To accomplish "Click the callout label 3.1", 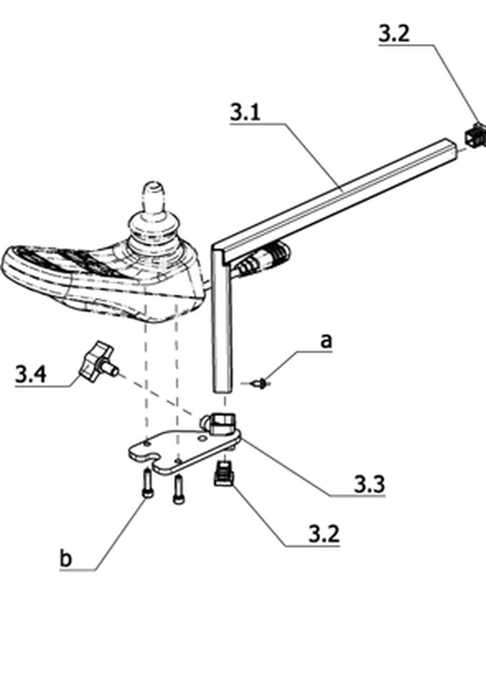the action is coord(245,112).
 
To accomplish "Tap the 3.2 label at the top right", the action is coord(395,34).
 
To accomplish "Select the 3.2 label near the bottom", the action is coord(325,534).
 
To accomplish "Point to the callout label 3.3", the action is coord(370,484).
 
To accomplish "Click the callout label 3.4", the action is coord(30,374).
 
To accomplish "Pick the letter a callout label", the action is coord(326,341).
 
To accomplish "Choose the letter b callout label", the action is coord(65,558).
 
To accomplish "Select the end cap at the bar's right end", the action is coord(476,135).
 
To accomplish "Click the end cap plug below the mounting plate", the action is coord(225,473).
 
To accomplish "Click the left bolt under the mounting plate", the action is coord(147,483).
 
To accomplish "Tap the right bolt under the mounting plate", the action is coord(178,489).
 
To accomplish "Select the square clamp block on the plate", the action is coord(222,423).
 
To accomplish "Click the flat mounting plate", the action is coord(185,453).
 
